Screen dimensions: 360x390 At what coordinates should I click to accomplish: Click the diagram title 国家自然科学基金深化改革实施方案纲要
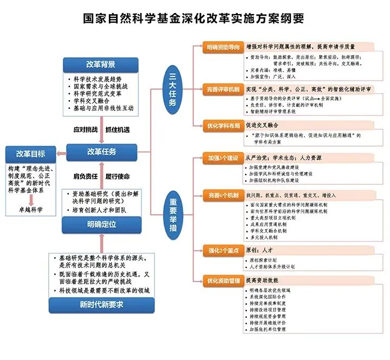(193, 18)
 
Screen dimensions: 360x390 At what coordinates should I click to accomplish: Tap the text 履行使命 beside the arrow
(118, 176)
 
